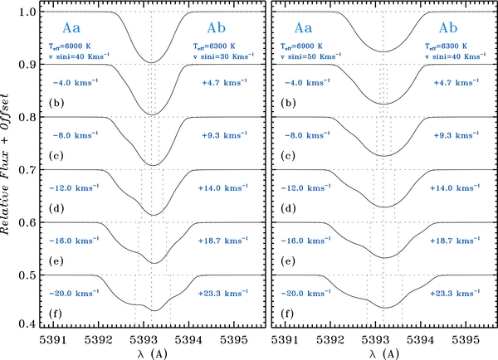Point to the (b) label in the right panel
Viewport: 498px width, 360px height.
[290, 105]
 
